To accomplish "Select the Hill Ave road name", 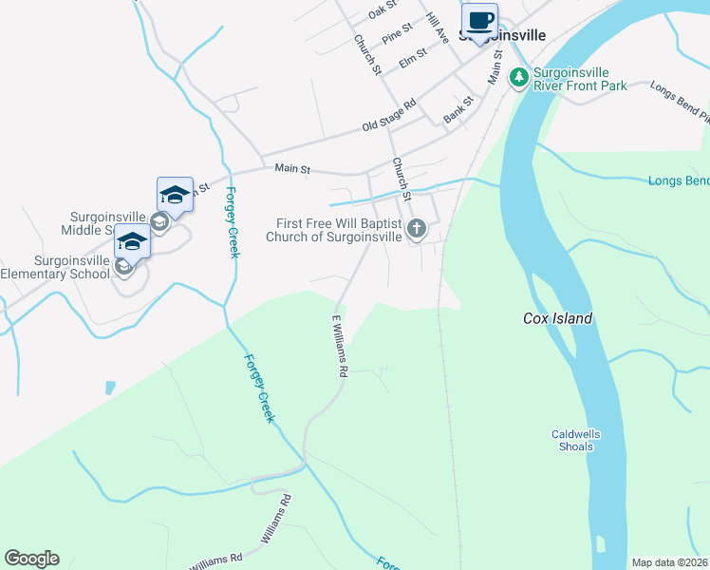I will [x=437, y=28].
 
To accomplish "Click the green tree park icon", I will [x=518, y=78].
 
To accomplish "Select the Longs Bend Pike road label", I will [x=680, y=102].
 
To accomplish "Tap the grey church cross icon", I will [x=416, y=229].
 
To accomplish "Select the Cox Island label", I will [x=557, y=319].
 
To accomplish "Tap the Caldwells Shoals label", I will [x=576, y=440].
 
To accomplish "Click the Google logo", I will [x=31, y=559].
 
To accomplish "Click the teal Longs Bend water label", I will [x=678, y=180].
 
